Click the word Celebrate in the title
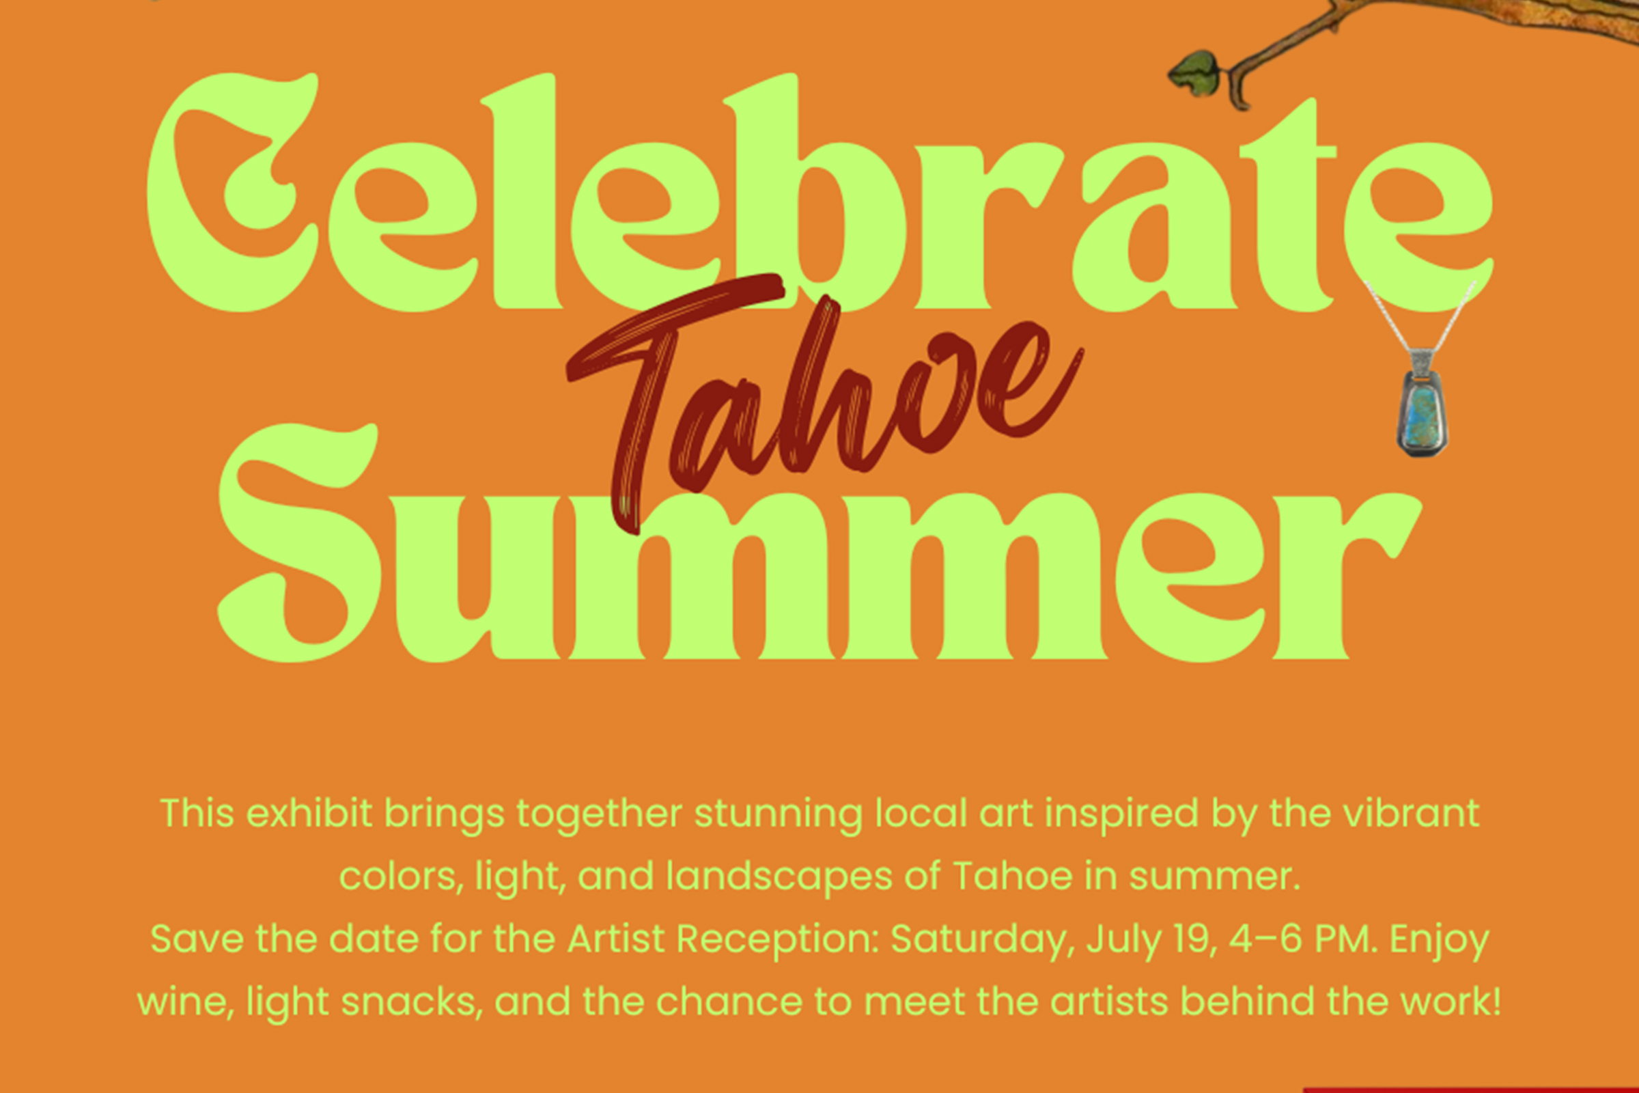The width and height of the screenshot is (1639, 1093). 819,192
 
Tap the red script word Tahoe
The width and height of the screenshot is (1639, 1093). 822,404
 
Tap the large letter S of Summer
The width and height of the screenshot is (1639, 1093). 300,542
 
